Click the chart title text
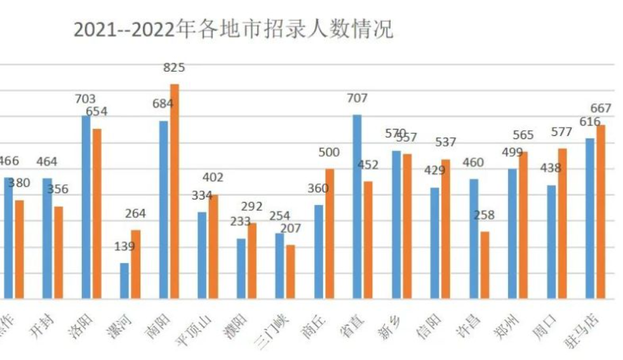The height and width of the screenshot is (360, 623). pyautogui.click(x=233, y=29)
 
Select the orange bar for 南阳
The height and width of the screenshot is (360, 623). pyautogui.click(x=175, y=190)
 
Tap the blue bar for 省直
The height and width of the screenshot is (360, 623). pyautogui.click(x=358, y=206)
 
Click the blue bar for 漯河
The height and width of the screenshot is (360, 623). pyautogui.click(x=124, y=281)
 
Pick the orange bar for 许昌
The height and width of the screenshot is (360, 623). pyautogui.click(x=485, y=265)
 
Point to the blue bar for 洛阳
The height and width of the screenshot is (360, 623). pyautogui.click(x=86, y=206)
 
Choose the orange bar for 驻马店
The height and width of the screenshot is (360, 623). pyautogui.click(x=601, y=211)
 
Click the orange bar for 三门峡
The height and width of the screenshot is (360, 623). pyautogui.click(x=291, y=271)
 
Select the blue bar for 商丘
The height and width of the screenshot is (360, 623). pyautogui.click(x=319, y=251)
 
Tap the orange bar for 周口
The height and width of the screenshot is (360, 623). pyautogui.click(x=562, y=223)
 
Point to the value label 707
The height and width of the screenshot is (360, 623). pyautogui.click(x=357, y=98)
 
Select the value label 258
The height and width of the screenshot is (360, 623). pyautogui.click(x=485, y=215)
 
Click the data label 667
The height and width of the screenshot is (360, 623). pyautogui.click(x=601, y=108)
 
